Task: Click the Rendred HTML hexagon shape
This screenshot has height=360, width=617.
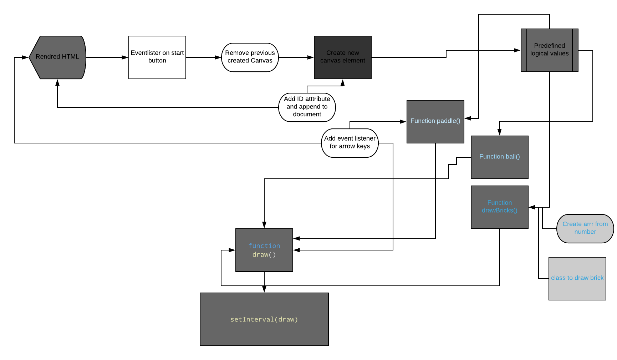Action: [57, 57]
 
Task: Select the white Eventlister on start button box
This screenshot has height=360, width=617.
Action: [157, 57]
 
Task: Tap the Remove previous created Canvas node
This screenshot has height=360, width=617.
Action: [250, 57]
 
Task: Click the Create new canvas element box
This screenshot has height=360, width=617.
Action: [342, 57]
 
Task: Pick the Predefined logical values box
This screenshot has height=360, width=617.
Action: [549, 50]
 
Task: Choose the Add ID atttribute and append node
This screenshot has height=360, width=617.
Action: [307, 107]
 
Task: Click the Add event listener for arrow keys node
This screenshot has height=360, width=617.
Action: [350, 143]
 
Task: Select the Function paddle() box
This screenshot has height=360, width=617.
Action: [435, 121]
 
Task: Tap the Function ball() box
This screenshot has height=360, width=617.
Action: [499, 157]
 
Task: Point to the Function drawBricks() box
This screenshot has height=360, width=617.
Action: [499, 207]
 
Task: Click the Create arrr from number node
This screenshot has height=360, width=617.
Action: [585, 228]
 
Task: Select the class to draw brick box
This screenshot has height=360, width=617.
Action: [577, 278]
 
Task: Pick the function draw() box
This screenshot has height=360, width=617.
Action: [264, 250]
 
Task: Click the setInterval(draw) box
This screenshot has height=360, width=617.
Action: [264, 319]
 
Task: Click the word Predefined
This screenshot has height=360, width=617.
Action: [549, 46]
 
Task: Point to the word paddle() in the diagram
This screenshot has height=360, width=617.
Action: [448, 121]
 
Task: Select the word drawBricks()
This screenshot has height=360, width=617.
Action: [499, 211]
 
